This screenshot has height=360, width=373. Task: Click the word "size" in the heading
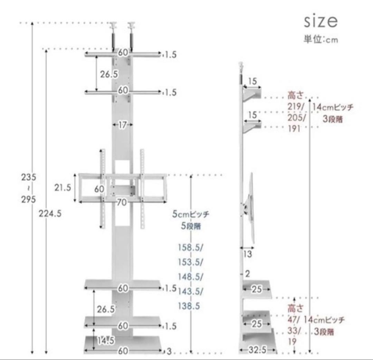point(321,21)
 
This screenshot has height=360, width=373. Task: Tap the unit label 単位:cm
point(321,39)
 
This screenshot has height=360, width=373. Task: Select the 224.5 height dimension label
point(50,213)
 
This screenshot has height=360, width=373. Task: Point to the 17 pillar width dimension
point(122,125)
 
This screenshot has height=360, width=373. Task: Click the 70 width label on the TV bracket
point(122,203)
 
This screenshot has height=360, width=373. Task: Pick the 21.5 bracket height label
point(63,188)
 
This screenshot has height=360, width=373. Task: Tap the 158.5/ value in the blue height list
point(190,248)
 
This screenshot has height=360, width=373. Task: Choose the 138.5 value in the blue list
point(189,306)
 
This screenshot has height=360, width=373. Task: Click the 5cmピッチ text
point(191,214)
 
